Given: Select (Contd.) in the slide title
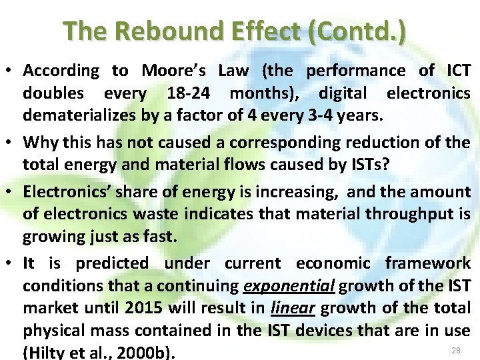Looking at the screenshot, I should [359, 31].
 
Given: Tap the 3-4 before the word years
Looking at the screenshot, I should [323, 116].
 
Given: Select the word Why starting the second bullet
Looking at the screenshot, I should [41, 143].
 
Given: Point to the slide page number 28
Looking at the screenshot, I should [456, 351].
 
